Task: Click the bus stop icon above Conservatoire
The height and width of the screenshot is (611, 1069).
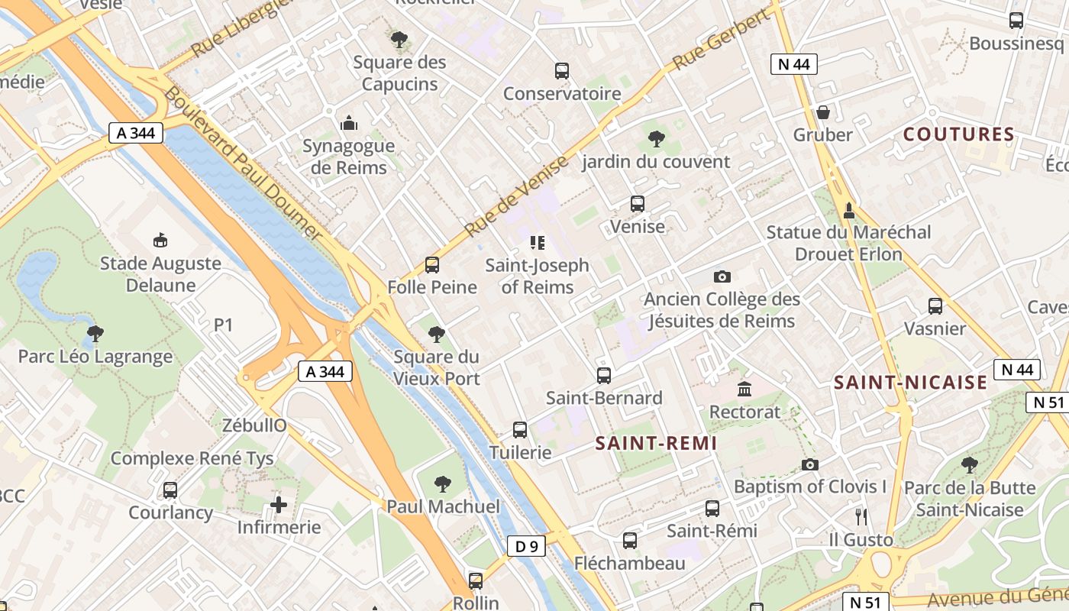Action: click(x=562, y=71)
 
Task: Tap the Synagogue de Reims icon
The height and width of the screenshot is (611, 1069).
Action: click(x=349, y=123)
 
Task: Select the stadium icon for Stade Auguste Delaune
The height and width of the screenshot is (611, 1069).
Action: click(x=160, y=241)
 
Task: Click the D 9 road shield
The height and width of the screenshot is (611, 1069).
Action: click(x=526, y=546)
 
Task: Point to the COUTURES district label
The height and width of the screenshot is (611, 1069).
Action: click(x=959, y=135)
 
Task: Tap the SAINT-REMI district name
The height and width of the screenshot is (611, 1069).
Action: click(x=656, y=443)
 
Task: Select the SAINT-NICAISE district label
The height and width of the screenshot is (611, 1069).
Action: click(x=910, y=383)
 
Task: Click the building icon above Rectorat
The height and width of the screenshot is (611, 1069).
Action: click(x=744, y=390)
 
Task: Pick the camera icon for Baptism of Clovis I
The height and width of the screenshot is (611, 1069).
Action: click(x=810, y=464)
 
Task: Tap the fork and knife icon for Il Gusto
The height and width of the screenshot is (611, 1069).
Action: click(x=861, y=517)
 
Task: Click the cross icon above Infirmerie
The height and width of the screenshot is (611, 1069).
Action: click(x=279, y=505)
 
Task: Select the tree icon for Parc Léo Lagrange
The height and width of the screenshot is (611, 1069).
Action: click(x=95, y=334)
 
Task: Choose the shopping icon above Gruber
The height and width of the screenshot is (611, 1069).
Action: click(x=822, y=112)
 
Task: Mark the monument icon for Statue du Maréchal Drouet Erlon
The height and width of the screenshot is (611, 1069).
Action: click(x=848, y=210)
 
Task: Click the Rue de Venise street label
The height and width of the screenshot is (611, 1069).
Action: click(x=517, y=196)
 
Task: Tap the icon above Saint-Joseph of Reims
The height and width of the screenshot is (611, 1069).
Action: click(x=538, y=243)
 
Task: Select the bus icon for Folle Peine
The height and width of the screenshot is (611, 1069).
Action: click(x=432, y=265)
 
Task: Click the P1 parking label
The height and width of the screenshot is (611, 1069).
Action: click(x=223, y=325)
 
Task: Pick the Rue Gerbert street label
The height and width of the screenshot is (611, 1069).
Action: click(x=722, y=39)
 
